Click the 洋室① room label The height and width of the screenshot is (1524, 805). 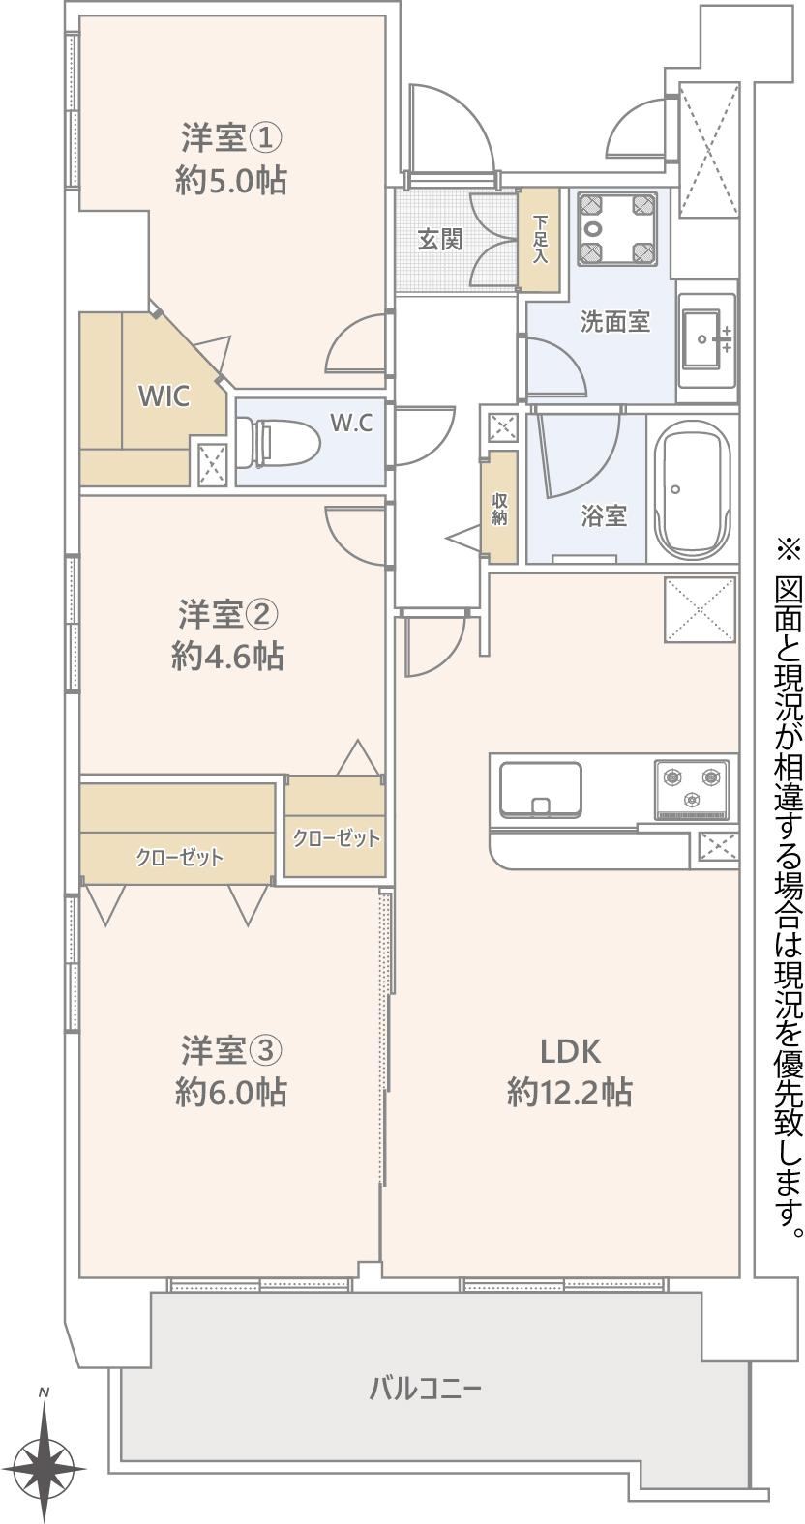230,138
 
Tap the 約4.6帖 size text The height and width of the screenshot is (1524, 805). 227,658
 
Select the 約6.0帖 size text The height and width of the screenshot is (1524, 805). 230,1093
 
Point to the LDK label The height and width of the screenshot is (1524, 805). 570,1052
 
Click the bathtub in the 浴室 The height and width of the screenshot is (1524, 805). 692,486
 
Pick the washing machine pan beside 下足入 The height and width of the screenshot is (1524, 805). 616,227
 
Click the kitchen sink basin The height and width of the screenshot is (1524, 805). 540,790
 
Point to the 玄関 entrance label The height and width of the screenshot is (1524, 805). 439,240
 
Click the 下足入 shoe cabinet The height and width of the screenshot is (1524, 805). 539,240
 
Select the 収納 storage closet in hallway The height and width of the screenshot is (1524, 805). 499,507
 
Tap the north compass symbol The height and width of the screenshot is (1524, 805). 45,1463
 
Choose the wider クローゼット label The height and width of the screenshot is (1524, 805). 179,857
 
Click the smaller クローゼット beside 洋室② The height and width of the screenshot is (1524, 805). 335,827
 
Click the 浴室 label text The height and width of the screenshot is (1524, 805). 604,516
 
